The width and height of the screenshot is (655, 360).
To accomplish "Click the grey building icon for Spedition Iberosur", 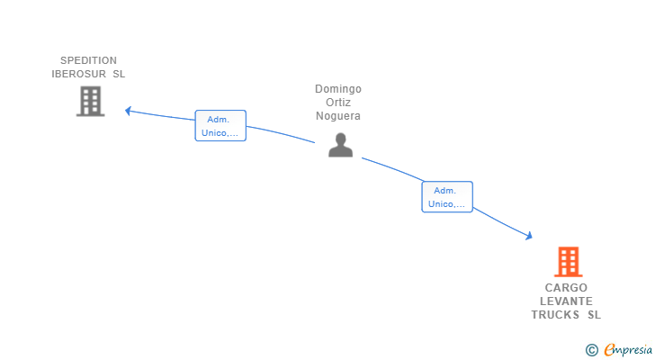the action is coord(90,102).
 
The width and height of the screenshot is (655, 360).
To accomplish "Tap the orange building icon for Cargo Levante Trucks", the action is coord(568,262).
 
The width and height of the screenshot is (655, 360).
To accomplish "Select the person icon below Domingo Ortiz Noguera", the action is coord(340,145).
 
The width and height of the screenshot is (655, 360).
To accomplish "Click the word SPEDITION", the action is coord(88,61).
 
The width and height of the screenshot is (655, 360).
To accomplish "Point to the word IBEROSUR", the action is coord(79,74).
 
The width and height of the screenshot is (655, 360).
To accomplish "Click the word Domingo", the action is coord(338,89).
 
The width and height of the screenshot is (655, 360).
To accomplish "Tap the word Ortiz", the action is coord(338,103).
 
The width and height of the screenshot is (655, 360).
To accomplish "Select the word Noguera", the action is coord(338,116).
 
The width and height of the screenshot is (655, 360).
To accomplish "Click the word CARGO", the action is coord(566,288).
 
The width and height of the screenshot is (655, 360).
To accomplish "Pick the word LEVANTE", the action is coord(566,301).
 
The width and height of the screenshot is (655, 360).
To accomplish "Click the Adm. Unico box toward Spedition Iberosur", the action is coord(220,126).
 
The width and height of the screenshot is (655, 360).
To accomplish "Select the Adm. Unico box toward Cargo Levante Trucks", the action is coord(447,197).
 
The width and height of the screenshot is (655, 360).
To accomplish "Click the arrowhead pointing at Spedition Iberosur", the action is coord(128,111).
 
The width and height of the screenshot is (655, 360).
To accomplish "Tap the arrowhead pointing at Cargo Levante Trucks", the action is coord(529,236).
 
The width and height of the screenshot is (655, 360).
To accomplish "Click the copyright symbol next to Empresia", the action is coord(591,350).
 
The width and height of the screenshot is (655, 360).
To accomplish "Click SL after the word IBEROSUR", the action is coord(119,74).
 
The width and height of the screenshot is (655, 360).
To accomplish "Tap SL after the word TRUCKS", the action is coord(594,315).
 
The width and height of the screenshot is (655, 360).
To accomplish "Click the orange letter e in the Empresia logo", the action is coord(609,350).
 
